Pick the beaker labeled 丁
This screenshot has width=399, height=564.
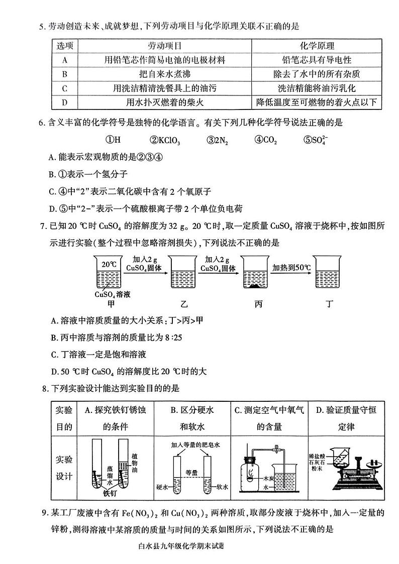click(x=330, y=274)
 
